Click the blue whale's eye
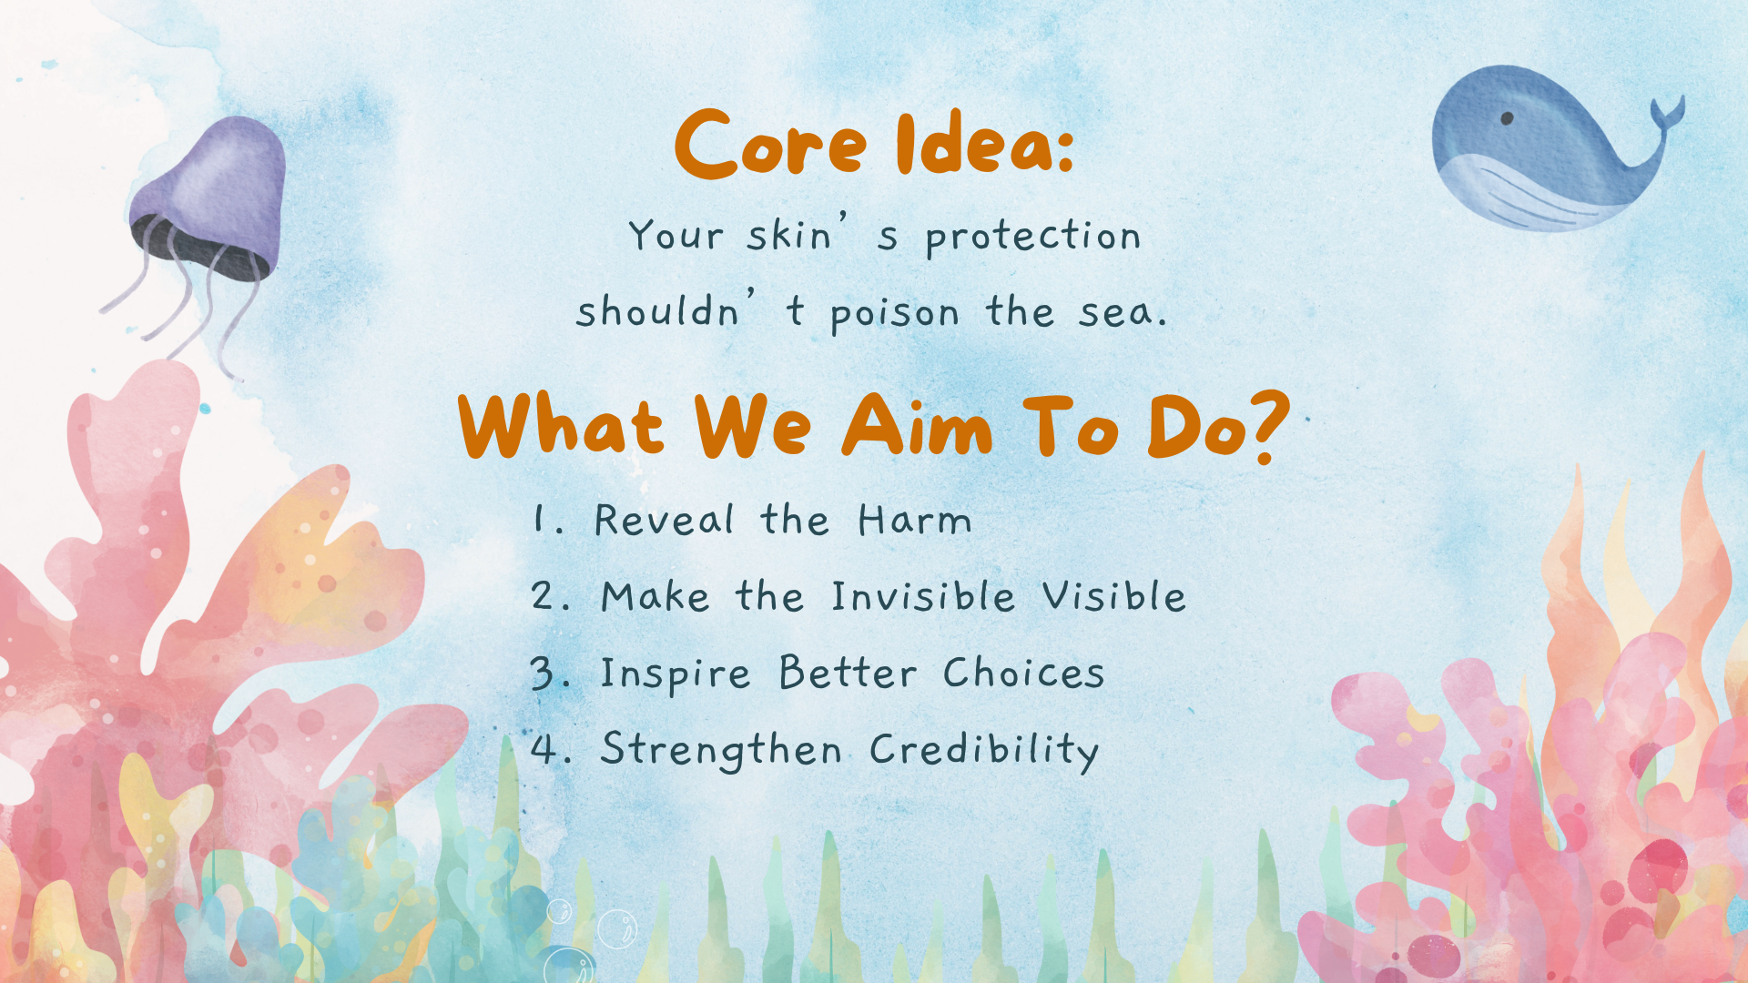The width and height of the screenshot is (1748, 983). pos(1507,118)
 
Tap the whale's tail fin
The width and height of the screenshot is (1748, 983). pos(1668,113)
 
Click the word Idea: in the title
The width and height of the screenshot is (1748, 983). pos(985,144)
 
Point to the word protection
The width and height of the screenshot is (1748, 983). pos(1033,237)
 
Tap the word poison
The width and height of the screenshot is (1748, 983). pos(895,315)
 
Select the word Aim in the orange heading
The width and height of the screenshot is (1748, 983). pos(917,426)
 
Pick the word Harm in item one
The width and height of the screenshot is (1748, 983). pos(915,521)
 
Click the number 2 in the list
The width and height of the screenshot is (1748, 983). pos(544,596)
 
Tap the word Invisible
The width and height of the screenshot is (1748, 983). pos(923,596)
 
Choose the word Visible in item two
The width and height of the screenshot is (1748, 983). pos(1114,596)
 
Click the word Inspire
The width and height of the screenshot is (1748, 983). pos(676,674)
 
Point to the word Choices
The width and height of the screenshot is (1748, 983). pos(1023,673)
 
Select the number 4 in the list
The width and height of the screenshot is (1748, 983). pos(544,749)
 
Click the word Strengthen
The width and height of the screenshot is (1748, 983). pos(721,751)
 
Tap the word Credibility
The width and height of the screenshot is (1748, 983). pos(984,751)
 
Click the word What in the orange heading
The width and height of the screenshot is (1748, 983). pos(561,426)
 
